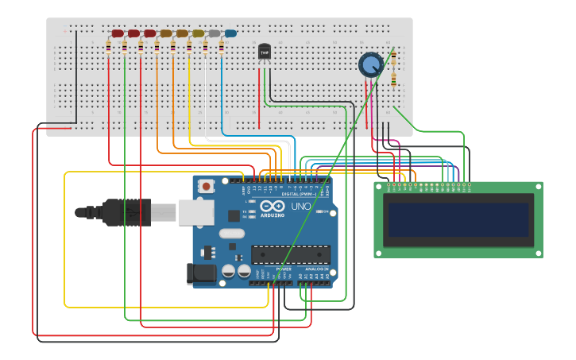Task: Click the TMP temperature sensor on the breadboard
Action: pyautogui.click(x=265, y=52)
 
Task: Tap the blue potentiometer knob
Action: pyautogui.click(x=370, y=64)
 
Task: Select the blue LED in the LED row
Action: pyautogui.click(x=230, y=33)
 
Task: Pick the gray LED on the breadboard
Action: pyautogui.click(x=215, y=33)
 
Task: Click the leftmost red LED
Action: pyautogui.click(x=118, y=33)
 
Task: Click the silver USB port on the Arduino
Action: pyautogui.click(x=194, y=211)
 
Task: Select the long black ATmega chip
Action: pyautogui.click(x=291, y=254)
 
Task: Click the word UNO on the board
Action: pyautogui.click(x=301, y=207)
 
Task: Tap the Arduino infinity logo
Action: pyautogui.click(x=273, y=206)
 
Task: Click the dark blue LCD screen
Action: pyautogui.click(x=458, y=219)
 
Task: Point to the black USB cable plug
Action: pyautogui.click(x=119, y=212)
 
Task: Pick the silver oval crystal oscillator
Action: pyautogui.click(x=230, y=234)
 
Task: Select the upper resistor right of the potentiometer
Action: pyautogui.click(x=393, y=57)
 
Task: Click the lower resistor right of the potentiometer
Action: pyautogui.click(x=393, y=79)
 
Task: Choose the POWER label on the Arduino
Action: pyautogui.click(x=284, y=269)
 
